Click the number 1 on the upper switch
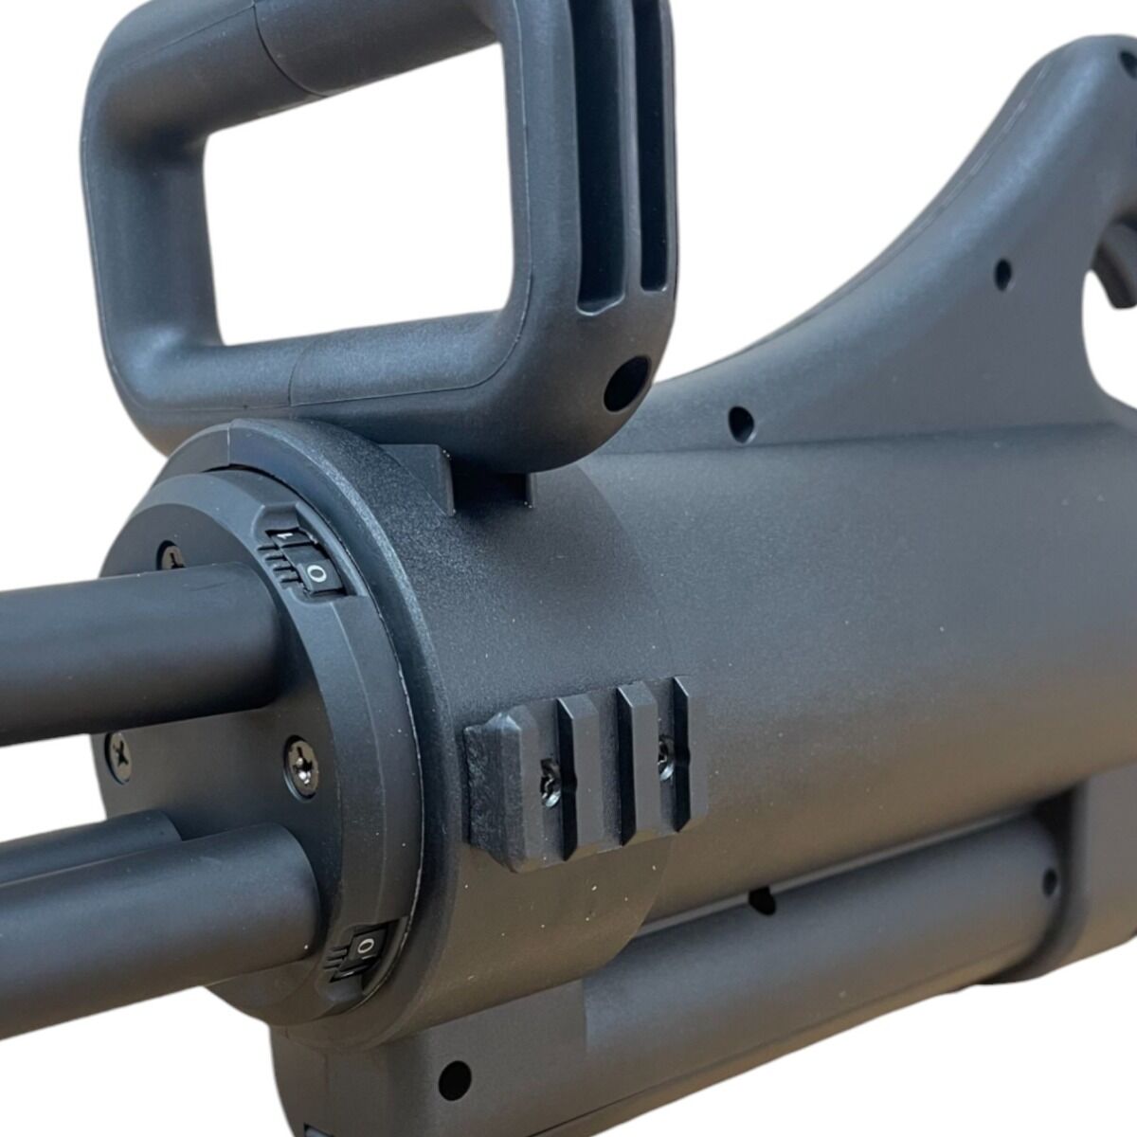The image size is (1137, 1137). [x=281, y=537]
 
